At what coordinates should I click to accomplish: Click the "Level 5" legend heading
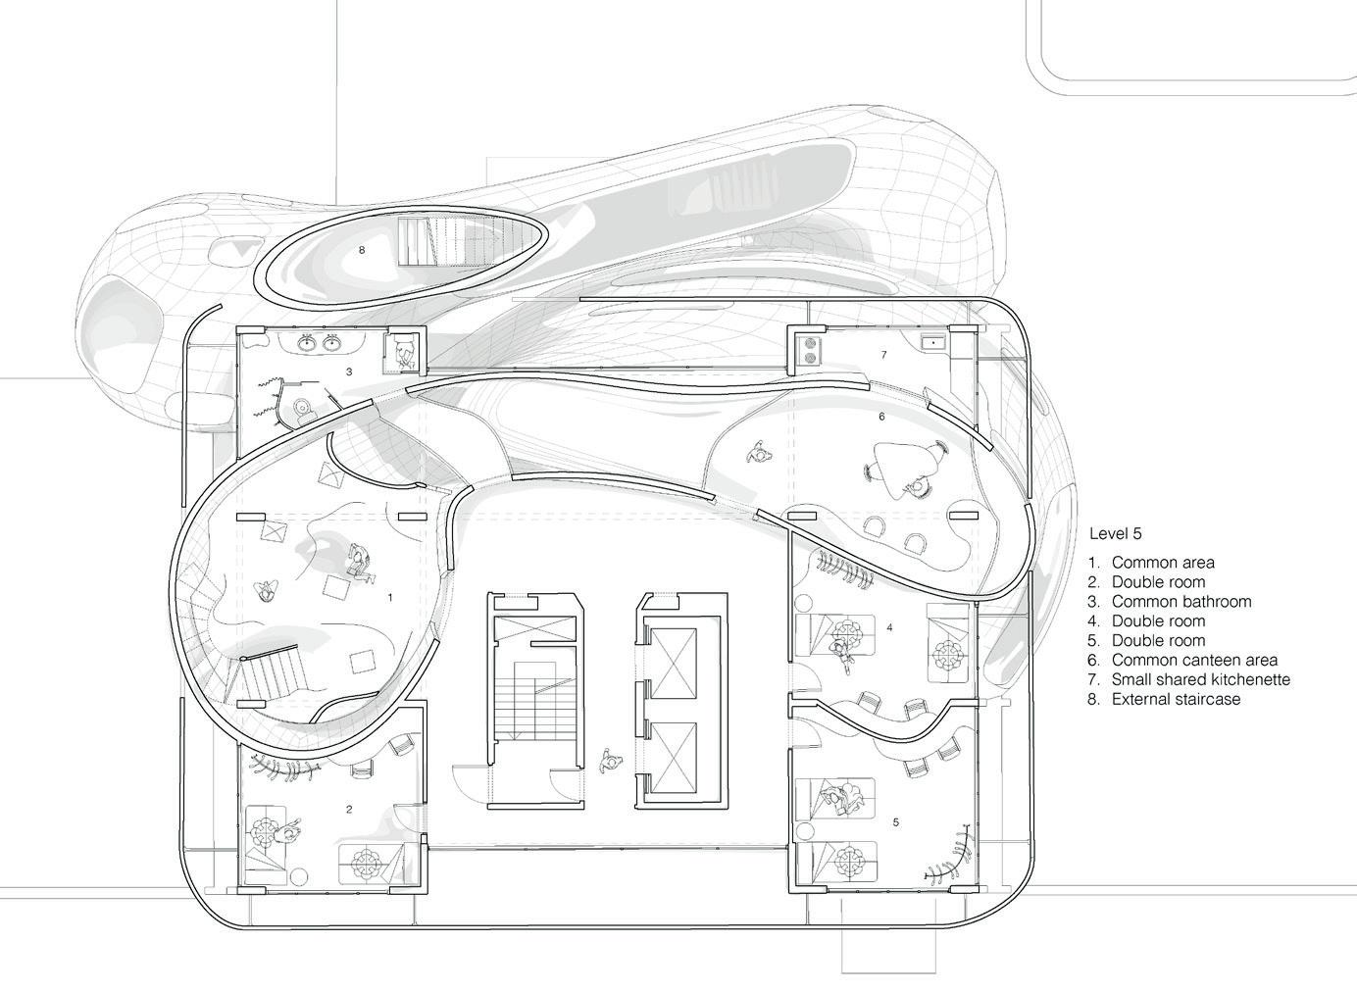click(1116, 534)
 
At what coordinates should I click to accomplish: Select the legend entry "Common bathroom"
click(1181, 601)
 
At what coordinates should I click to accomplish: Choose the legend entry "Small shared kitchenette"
click(1200, 679)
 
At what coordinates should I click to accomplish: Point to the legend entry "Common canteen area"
click(1193, 660)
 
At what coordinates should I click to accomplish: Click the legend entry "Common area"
click(1162, 563)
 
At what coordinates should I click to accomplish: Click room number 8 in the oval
click(362, 250)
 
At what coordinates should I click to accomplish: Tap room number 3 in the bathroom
click(349, 372)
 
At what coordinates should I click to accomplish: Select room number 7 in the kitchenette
click(883, 355)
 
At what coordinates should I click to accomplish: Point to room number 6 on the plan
click(881, 417)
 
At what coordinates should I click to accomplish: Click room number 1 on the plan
click(390, 596)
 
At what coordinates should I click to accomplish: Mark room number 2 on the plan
click(349, 809)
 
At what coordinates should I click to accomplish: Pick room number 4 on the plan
click(889, 627)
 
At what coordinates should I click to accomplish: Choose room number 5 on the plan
click(896, 822)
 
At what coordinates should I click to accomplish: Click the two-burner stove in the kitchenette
click(809, 351)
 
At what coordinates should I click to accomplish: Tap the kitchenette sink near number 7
click(932, 341)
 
